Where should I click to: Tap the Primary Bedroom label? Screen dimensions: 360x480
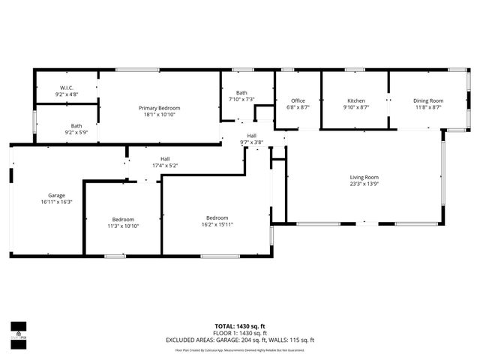pyautogui.click(x=162, y=108)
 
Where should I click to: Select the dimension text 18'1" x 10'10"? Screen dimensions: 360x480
pyautogui.click(x=162, y=114)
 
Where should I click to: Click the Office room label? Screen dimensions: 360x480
pyautogui.click(x=298, y=100)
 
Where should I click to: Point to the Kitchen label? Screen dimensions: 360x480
pyautogui.click(x=355, y=100)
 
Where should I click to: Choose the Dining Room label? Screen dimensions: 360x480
pyautogui.click(x=427, y=100)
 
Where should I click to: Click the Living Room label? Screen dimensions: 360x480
pyautogui.click(x=364, y=177)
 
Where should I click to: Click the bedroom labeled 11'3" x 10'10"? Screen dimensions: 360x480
pyautogui.click(x=123, y=219)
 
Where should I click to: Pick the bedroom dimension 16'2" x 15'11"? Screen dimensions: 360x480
pyautogui.click(x=217, y=224)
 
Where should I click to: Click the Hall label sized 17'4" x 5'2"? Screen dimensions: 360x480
pyautogui.click(x=164, y=158)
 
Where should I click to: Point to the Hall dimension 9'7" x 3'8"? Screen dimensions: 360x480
pyautogui.click(x=252, y=142)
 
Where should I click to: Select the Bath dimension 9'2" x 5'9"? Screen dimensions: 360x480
pyautogui.click(x=76, y=132)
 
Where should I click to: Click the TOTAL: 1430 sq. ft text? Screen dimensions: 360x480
pyautogui.click(x=240, y=326)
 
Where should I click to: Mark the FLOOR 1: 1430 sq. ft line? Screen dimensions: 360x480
pyautogui.click(x=240, y=333)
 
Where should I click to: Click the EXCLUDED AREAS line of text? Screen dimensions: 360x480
pyautogui.click(x=240, y=340)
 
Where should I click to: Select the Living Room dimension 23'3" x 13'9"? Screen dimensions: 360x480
pyautogui.click(x=364, y=184)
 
